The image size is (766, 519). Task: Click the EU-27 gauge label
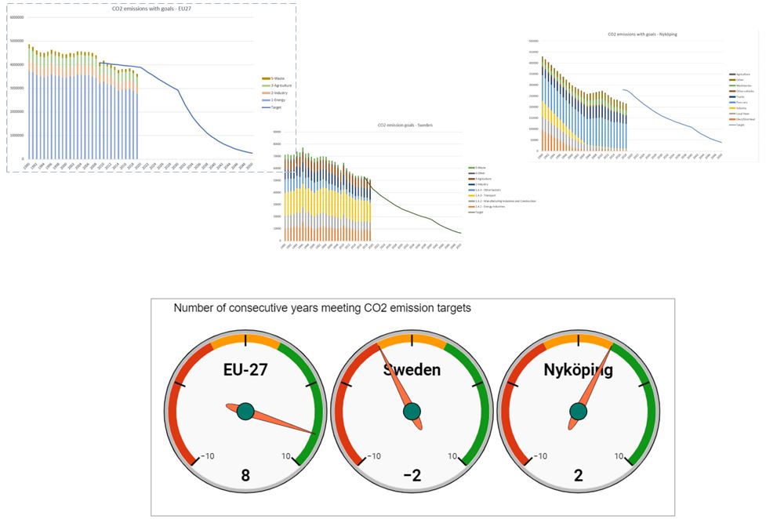pos(245,369)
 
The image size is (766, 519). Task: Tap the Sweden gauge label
pos(412,369)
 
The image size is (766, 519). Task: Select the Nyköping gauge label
pos(578,369)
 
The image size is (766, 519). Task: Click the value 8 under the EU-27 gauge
pos(245,474)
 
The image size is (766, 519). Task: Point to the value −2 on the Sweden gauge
pos(412,474)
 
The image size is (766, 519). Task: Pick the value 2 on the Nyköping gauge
pos(578,474)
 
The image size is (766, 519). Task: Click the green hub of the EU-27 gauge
pos(245,411)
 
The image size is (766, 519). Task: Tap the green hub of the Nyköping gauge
pos(578,411)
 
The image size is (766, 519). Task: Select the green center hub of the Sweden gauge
pos(412,411)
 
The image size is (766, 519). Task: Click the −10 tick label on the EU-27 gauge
pos(208,456)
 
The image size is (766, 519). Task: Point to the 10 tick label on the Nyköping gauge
pos(619,456)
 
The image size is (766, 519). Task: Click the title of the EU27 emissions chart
pos(144,9)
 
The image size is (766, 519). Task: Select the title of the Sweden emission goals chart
pos(405,125)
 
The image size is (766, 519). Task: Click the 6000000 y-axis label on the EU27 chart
pos(16,17)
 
